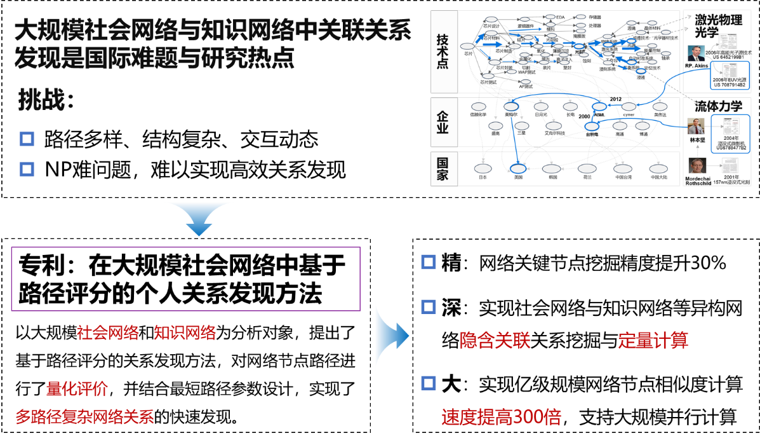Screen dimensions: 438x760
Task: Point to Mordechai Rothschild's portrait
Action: (x=697, y=167)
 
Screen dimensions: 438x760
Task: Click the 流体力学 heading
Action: (x=719, y=106)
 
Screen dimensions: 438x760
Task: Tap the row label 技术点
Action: (x=443, y=51)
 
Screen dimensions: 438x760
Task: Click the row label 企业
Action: (x=443, y=121)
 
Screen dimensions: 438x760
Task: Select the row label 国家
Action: (x=443, y=169)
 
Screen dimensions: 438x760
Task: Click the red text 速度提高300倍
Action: (x=502, y=418)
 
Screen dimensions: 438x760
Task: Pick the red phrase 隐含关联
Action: (x=495, y=341)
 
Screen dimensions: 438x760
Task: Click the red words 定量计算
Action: (x=653, y=341)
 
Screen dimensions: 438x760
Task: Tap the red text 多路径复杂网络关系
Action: (x=84, y=418)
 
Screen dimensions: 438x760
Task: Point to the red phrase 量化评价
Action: (x=77, y=388)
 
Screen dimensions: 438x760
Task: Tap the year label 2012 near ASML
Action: (x=615, y=99)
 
